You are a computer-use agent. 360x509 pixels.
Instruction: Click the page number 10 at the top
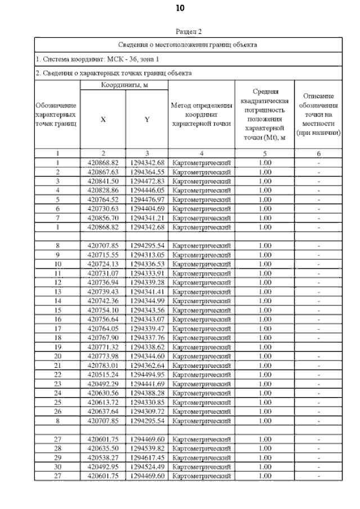tap(180, 8)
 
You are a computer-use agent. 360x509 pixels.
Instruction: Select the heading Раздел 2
tap(188, 32)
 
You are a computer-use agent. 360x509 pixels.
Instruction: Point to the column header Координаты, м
tap(124, 85)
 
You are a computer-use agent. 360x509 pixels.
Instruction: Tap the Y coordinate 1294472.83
tap(146, 181)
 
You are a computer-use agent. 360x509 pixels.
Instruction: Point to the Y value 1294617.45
tap(146, 458)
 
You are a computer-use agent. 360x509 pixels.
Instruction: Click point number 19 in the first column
tap(57, 347)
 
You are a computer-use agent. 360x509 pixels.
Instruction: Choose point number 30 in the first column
tap(57, 467)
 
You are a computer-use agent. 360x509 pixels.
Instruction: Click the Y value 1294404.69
tap(146, 209)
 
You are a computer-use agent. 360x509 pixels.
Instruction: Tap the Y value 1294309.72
tap(146, 412)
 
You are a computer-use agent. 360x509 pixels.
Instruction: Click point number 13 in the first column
tap(57, 292)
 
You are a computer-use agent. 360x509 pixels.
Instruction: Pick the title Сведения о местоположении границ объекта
tap(188, 44)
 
